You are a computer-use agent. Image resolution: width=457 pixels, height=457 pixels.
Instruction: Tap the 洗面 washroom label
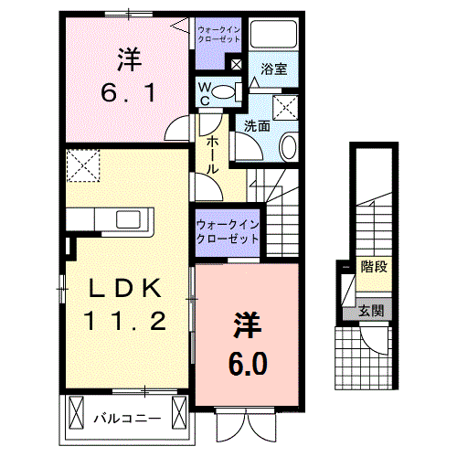pos(257,126)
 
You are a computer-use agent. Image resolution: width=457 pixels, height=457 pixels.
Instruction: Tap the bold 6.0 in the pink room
pos(248,364)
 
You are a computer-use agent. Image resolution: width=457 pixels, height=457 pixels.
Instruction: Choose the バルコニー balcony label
pos(128,420)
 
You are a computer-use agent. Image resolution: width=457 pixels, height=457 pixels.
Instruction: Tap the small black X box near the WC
pos(237,64)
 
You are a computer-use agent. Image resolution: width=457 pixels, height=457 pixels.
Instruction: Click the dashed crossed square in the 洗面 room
pos(286,104)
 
